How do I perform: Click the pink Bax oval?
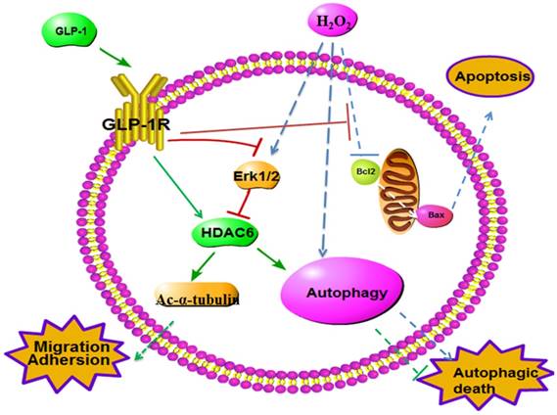436,212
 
